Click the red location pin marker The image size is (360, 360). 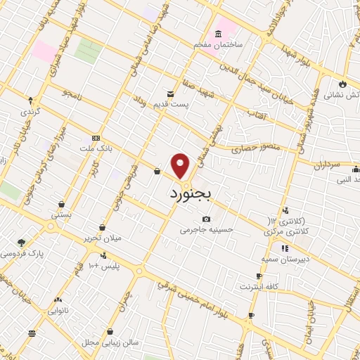tap(181, 166)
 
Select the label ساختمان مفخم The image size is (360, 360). tap(219, 44)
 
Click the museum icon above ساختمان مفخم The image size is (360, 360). tap(218, 34)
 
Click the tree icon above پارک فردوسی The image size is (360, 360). tap(22, 242)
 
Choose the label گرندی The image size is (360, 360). tap(30, 112)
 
